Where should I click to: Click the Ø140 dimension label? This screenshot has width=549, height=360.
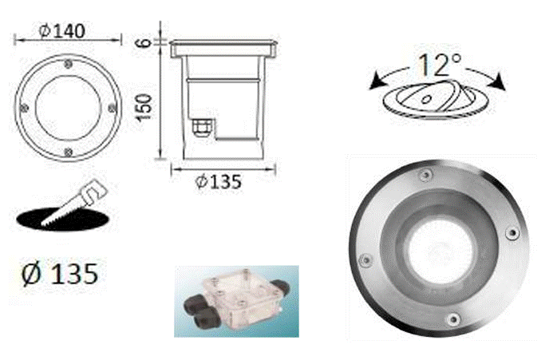62,31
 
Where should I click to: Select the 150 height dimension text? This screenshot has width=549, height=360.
144,108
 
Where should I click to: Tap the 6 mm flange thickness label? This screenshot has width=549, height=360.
144,43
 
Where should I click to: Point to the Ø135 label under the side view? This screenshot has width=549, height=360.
219,181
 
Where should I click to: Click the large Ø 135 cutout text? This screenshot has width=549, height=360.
60,274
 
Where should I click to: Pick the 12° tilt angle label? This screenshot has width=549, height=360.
440,65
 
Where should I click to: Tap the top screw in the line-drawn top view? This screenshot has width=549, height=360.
68,64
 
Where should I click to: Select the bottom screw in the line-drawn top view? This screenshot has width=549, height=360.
69,152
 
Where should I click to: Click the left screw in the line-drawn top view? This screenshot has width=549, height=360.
24,109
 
